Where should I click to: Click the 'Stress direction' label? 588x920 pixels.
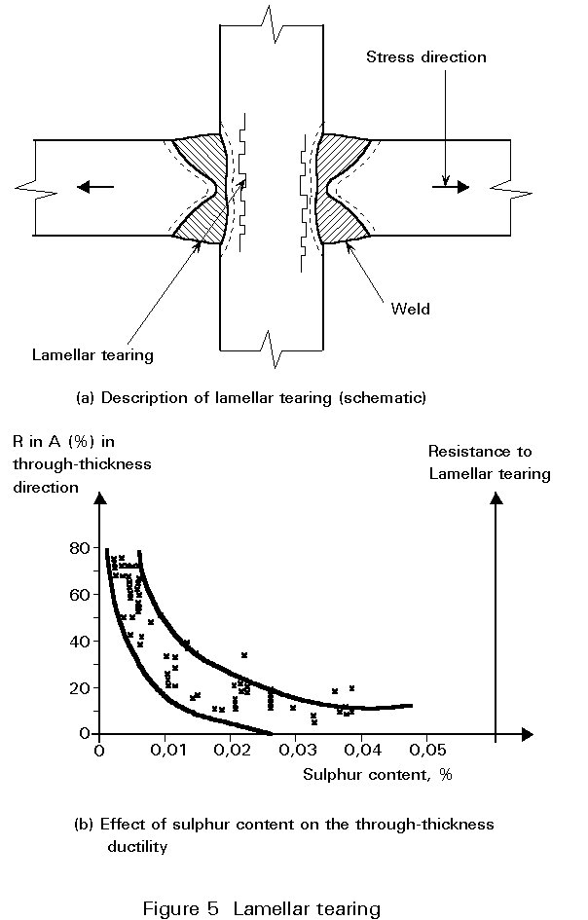click(x=426, y=56)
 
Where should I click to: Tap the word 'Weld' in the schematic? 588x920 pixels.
click(x=410, y=309)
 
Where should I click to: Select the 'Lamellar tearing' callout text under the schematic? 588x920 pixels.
click(x=92, y=355)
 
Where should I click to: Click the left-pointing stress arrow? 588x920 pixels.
click(x=95, y=187)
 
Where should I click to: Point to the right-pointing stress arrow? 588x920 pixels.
click(x=451, y=187)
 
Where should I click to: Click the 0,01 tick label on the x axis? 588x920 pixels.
click(x=167, y=751)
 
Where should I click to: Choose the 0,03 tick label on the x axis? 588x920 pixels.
click(x=299, y=751)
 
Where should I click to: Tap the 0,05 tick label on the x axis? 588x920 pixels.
click(x=428, y=751)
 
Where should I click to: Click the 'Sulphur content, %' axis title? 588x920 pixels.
click(x=378, y=775)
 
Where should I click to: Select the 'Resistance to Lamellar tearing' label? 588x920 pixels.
click(x=490, y=462)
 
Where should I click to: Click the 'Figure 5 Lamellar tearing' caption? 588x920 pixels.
click(x=262, y=909)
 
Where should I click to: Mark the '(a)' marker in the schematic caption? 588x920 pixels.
click(x=85, y=398)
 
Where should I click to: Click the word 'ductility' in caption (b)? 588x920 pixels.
click(x=137, y=847)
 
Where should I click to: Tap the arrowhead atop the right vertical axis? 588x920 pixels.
click(x=497, y=498)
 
